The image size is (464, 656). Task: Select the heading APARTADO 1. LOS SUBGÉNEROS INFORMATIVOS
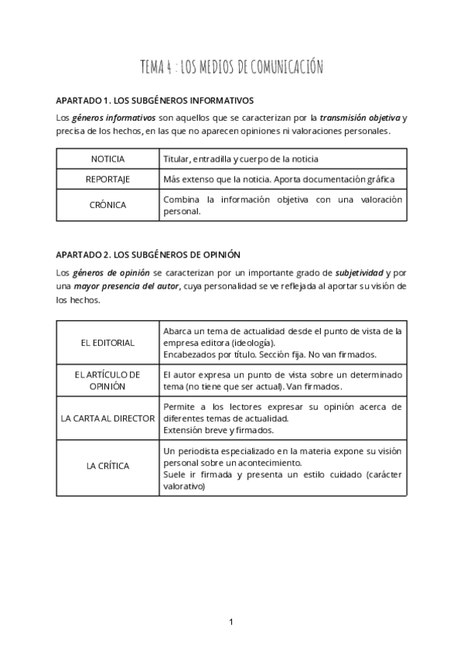(155, 101)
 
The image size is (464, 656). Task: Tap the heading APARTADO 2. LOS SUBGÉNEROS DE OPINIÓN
(149, 254)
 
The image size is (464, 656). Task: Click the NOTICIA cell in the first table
(107, 159)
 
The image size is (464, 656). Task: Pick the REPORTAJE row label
(107, 179)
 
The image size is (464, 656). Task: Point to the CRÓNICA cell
(107, 204)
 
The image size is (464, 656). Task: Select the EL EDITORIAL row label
(107, 342)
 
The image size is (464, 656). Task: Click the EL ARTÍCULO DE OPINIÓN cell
(107, 380)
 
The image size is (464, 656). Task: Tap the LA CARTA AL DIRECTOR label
(107, 418)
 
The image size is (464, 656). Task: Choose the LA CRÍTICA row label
(107, 466)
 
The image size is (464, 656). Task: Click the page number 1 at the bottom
(231, 622)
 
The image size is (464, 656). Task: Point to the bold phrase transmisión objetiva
(360, 118)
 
